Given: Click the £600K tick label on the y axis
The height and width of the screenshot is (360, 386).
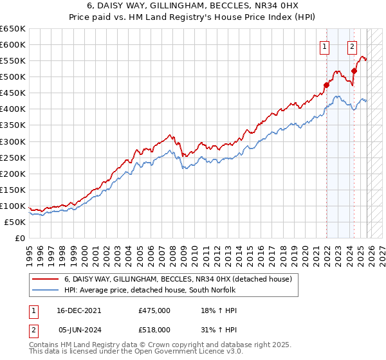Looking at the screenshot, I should [13, 44].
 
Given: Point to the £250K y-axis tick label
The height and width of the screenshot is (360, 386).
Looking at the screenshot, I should [13, 157].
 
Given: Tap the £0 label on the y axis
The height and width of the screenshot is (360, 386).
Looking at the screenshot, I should [19, 238].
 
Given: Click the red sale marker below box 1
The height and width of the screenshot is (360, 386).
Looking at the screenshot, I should [326, 84].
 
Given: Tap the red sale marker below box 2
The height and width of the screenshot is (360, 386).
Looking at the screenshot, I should [354, 71].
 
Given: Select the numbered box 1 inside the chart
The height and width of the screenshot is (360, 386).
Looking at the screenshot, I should [325, 46].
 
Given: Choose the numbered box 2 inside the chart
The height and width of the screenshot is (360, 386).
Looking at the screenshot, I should [353, 46].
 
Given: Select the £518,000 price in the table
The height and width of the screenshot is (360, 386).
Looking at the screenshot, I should [154, 329].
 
